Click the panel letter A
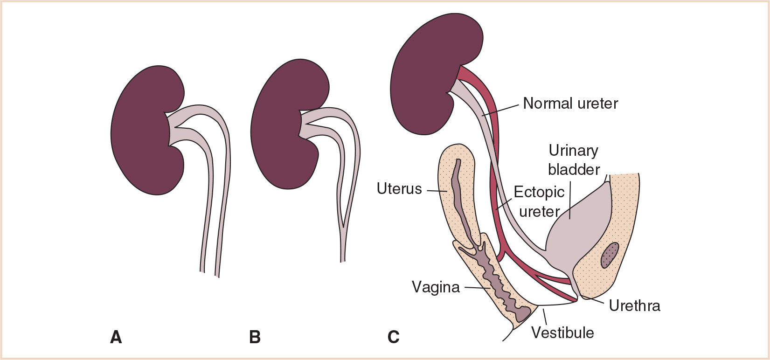click(116, 337)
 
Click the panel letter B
click(255, 337)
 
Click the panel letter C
click(393, 337)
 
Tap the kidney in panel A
click(140, 131)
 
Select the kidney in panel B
click(277, 126)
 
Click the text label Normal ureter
click(570, 103)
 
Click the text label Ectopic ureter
click(539, 201)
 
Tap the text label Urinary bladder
click(573, 159)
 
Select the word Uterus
click(399, 189)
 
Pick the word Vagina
click(436, 287)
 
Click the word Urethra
click(634, 305)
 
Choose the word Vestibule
click(562, 332)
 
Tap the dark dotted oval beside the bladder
click(610, 255)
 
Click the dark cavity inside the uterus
click(459, 196)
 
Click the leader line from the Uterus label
click(437, 191)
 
